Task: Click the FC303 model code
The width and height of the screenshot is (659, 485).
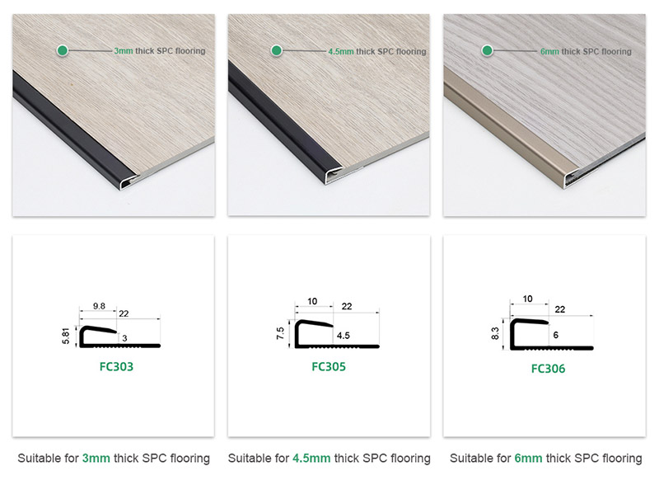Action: click(113, 366)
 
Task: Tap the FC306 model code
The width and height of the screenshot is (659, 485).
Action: click(548, 369)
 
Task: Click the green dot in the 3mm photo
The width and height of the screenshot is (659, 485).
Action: click(61, 50)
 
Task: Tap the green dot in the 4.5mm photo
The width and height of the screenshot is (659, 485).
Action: click(277, 50)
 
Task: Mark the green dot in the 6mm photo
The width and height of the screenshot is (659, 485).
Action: click(488, 50)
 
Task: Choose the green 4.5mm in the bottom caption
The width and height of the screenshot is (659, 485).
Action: click(311, 458)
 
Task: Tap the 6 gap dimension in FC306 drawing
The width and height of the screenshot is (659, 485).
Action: click(558, 336)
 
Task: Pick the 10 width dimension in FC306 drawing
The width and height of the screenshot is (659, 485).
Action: click(527, 299)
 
